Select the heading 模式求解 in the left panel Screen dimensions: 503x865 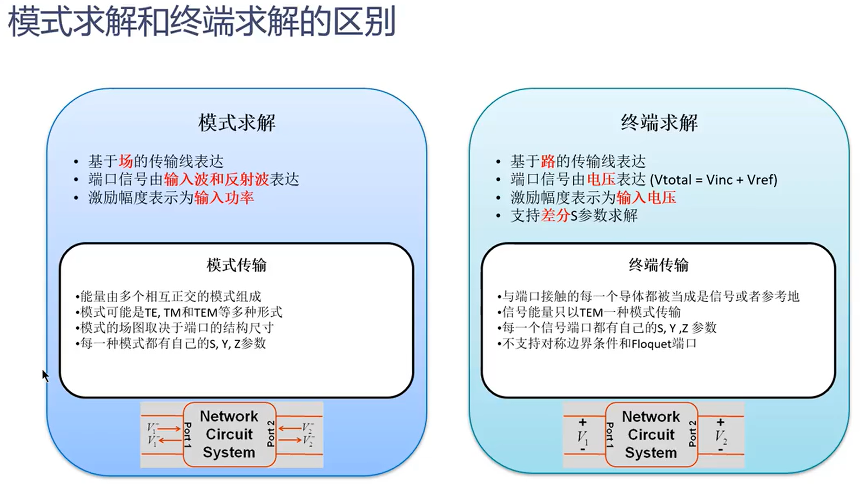point(237,123)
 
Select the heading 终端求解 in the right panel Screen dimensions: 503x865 point(659,123)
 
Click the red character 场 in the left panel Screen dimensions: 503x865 point(126,161)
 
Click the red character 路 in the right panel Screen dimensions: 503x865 point(548,161)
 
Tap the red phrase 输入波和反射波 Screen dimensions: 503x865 point(217,180)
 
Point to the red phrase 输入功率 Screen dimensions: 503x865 point(224,198)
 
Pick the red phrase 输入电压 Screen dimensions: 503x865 point(646,198)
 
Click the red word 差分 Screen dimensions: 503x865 point(555,216)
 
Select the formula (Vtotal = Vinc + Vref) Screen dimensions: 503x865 point(713,180)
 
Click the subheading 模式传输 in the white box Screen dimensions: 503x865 point(237,265)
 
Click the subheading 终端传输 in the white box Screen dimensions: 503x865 point(659,265)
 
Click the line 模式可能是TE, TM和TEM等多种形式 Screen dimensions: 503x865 point(181,312)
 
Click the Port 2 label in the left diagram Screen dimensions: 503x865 point(271,433)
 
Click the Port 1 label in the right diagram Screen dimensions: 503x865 point(610,435)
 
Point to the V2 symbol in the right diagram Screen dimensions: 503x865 point(721,436)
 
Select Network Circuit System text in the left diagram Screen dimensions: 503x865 point(229,434)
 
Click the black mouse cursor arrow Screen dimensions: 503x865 point(45,375)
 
